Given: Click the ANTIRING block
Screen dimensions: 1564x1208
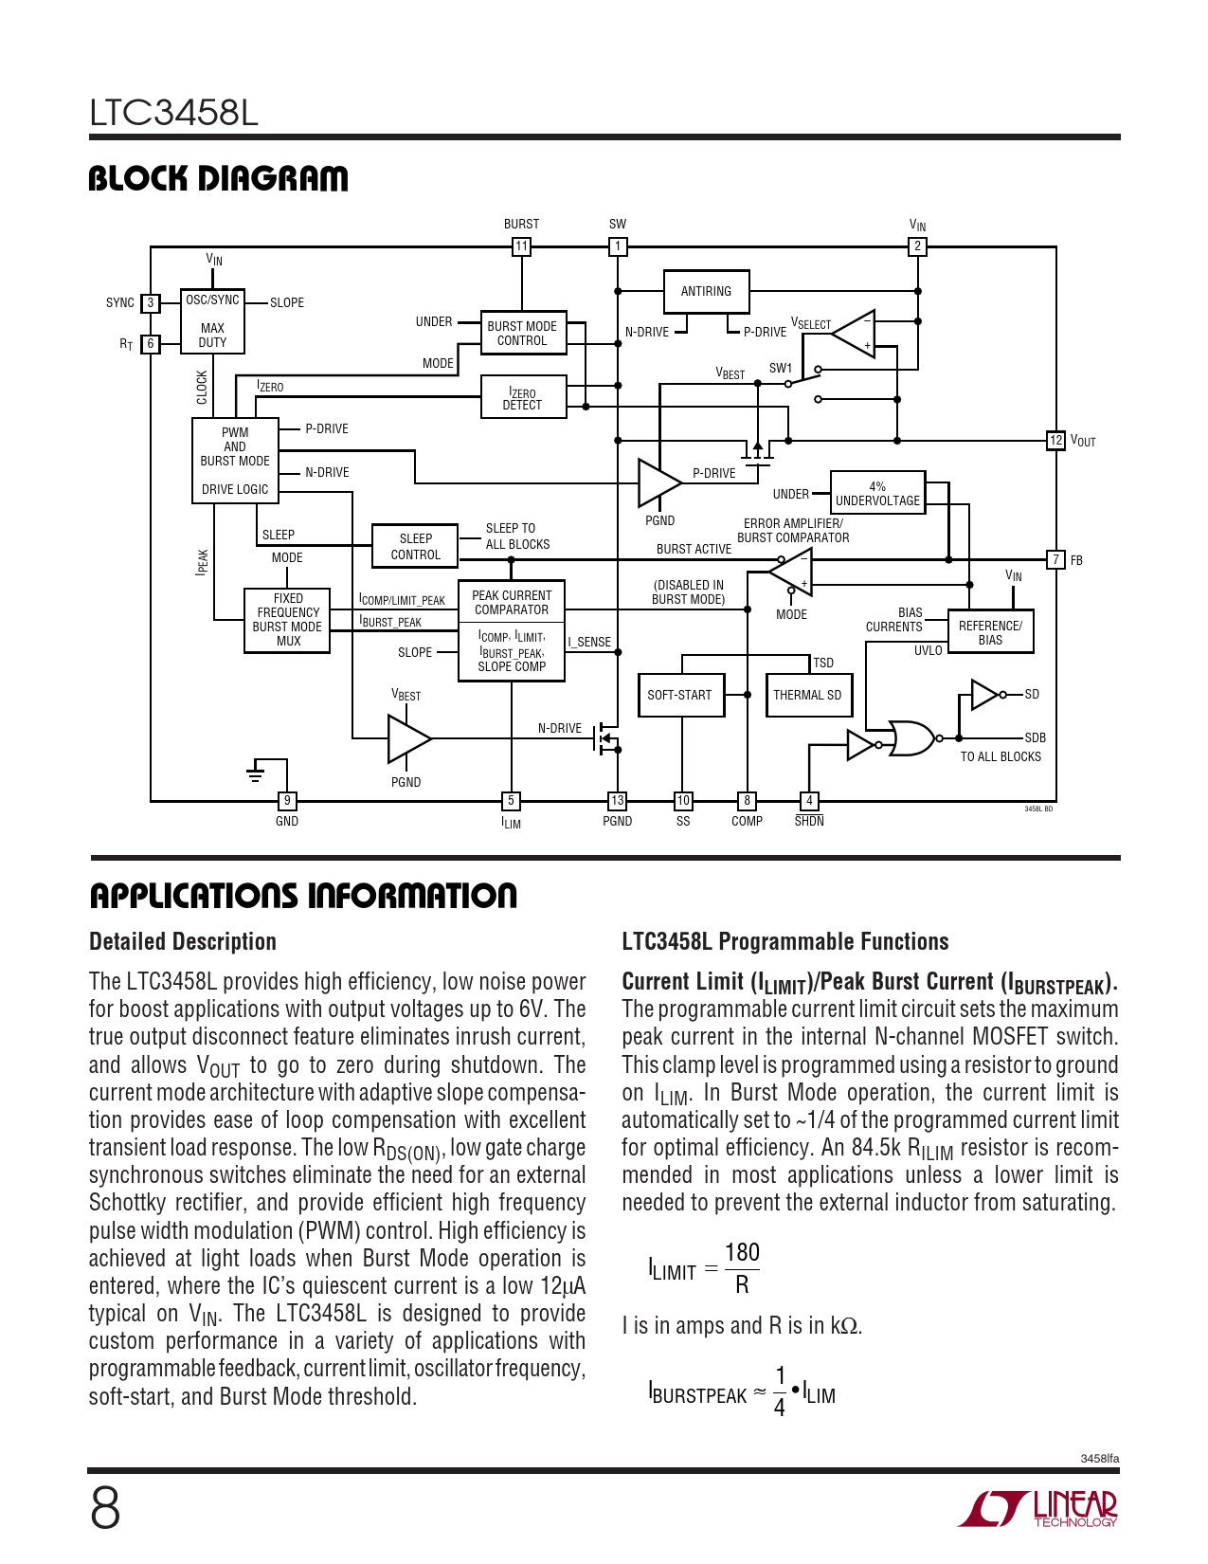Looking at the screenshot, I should [706, 291].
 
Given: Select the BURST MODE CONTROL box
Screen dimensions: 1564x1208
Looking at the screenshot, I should [523, 333].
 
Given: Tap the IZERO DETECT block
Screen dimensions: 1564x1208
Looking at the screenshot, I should [523, 398].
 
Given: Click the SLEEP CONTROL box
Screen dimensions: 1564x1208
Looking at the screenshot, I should [415, 546].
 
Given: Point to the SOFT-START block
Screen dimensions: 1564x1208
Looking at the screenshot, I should [680, 695].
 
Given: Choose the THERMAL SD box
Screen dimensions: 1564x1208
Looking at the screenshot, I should [807, 695].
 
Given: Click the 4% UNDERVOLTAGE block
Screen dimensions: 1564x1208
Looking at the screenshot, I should [877, 494].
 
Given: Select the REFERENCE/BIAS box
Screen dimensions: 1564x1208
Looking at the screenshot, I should [990, 632].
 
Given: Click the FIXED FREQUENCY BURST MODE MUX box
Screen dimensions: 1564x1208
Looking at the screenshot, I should [288, 620].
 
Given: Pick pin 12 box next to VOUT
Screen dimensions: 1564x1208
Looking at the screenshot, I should [1055, 440].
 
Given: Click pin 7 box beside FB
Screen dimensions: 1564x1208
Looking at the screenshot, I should [1055, 559].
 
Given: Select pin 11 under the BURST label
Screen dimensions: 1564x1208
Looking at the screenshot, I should [521, 246].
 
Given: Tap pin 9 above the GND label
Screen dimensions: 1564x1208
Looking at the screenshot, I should [287, 801].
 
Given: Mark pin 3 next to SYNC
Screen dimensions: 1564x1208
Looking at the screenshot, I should [150, 303].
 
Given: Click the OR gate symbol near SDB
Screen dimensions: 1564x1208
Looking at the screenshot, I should [911, 737].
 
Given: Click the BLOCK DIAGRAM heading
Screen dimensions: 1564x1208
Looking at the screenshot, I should [218, 178].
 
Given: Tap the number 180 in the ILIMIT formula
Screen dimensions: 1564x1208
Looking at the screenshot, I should [742, 1253].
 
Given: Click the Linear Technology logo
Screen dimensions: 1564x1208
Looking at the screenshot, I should [1037, 1509].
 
